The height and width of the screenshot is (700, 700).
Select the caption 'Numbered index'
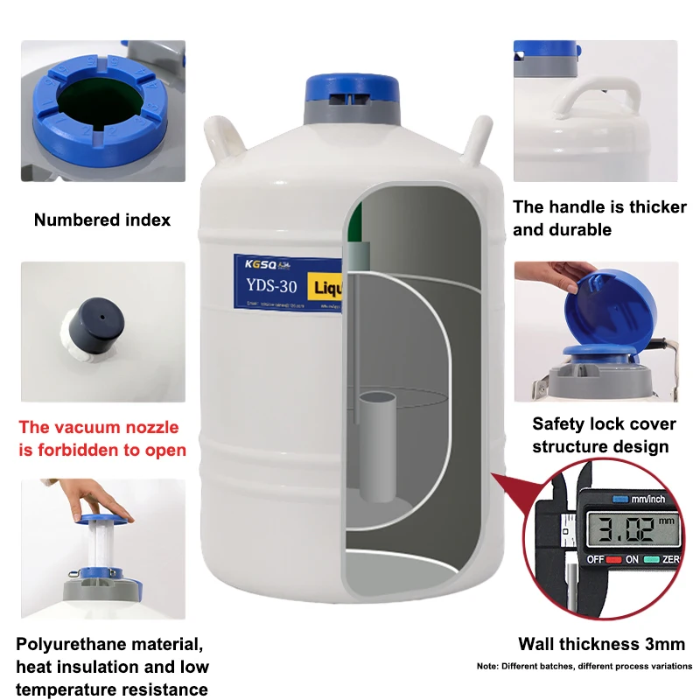(102, 220)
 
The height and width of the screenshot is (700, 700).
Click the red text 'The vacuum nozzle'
(99, 428)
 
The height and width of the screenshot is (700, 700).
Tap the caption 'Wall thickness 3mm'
(601, 645)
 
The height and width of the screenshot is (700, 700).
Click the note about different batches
(584, 666)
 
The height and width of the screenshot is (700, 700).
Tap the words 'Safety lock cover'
(604, 424)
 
